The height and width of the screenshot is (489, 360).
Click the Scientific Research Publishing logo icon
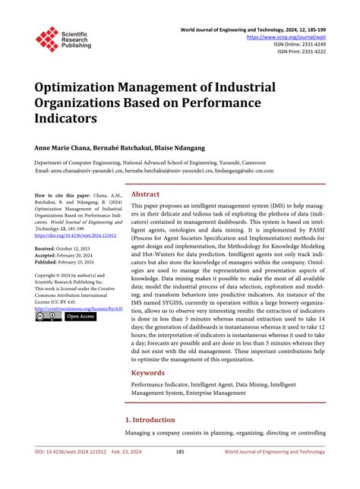point(46,39)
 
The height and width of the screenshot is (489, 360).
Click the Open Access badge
point(80,317)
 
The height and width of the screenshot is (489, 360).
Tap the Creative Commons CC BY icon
point(49,317)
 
